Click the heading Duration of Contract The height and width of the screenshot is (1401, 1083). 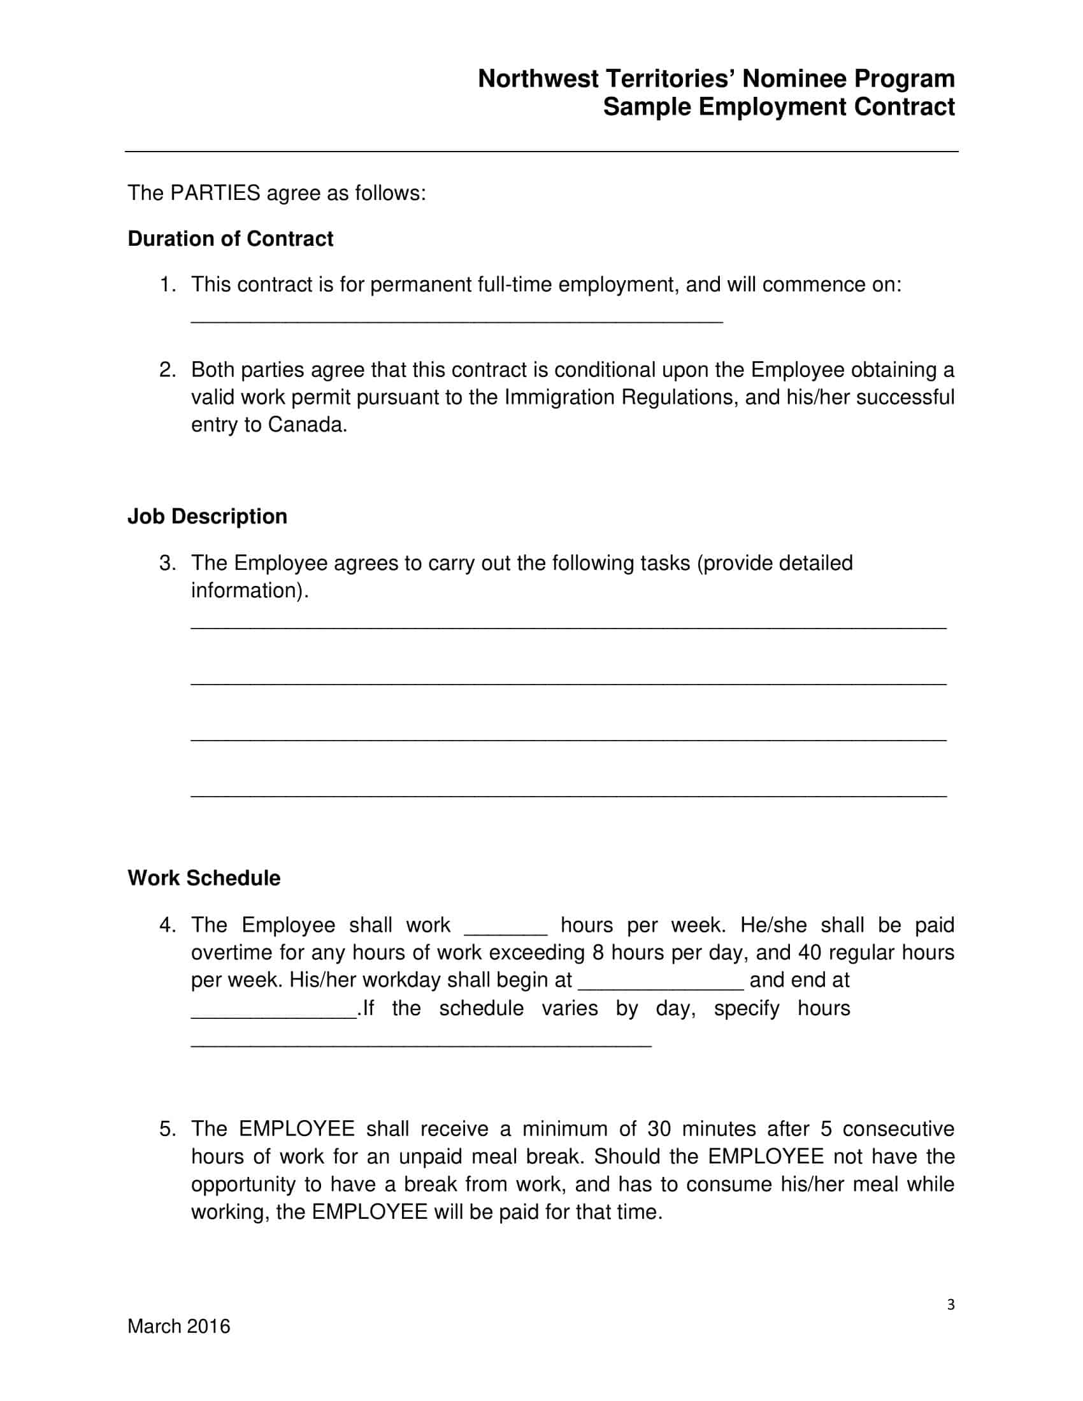[x=230, y=239]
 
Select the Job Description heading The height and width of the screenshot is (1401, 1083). [x=206, y=516]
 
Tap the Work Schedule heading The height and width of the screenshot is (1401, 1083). [x=203, y=878]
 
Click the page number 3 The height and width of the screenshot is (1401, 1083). [x=950, y=1304]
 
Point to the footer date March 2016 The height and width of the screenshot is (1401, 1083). [x=178, y=1326]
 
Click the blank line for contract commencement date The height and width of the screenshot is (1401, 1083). [x=456, y=319]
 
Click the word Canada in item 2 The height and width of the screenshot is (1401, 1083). [x=306, y=425]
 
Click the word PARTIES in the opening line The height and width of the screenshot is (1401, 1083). [x=215, y=193]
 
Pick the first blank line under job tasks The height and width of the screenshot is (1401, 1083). [x=568, y=625]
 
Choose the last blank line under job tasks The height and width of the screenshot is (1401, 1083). [x=568, y=793]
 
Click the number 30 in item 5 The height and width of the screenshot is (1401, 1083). [x=658, y=1129]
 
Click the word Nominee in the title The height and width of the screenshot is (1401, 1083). [x=794, y=79]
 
